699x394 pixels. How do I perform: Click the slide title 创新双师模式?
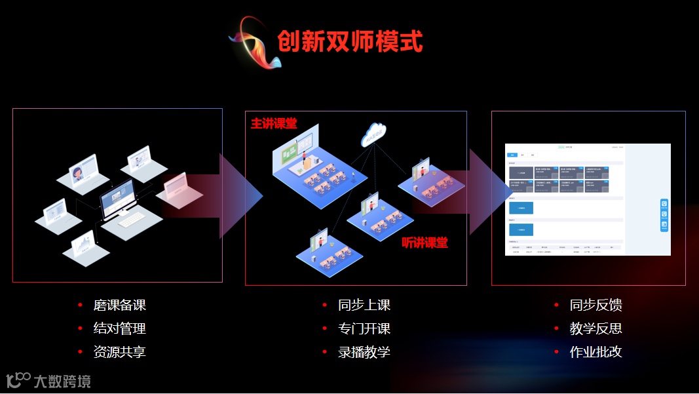[x=350, y=41]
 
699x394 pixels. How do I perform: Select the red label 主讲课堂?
[x=274, y=123]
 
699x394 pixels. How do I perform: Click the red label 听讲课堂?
[x=425, y=243]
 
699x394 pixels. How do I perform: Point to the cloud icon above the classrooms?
[x=373, y=135]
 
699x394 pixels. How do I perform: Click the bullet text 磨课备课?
[x=119, y=305]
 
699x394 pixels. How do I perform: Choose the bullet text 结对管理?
[x=119, y=328]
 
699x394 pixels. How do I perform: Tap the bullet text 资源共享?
[x=119, y=352]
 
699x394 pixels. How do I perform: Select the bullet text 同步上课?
[x=364, y=305]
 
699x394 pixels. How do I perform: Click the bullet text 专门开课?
[x=364, y=328]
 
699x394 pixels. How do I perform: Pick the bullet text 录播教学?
[x=364, y=352]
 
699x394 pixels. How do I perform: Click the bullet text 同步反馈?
[x=595, y=305]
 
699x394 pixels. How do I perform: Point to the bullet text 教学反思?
[x=595, y=328]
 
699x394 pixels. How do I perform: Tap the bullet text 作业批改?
[x=595, y=352]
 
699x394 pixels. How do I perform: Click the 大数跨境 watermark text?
[x=62, y=380]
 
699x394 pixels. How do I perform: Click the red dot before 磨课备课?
[x=80, y=305]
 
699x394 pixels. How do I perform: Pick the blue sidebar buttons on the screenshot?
[x=664, y=215]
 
